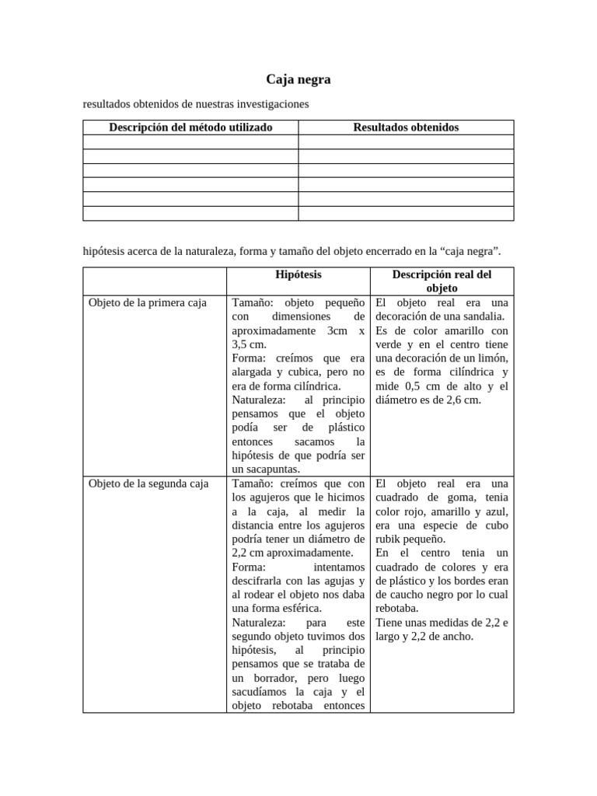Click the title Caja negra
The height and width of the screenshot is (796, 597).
pyautogui.click(x=298, y=79)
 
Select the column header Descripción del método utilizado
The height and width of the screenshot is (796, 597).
pyautogui.click(x=190, y=127)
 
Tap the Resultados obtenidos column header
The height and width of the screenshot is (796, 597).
pyautogui.click(x=406, y=127)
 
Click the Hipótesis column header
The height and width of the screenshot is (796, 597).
pyautogui.click(x=298, y=274)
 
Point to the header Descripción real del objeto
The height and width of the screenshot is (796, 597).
pyautogui.click(x=442, y=281)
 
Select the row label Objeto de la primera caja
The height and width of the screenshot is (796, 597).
pyautogui.click(x=148, y=302)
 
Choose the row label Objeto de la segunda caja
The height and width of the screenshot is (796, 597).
pyautogui.click(x=149, y=484)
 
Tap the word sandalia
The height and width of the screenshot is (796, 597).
pyautogui.click(x=485, y=316)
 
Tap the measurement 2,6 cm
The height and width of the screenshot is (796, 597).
pyautogui.click(x=463, y=400)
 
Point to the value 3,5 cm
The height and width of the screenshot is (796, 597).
pyautogui.click(x=249, y=344)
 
